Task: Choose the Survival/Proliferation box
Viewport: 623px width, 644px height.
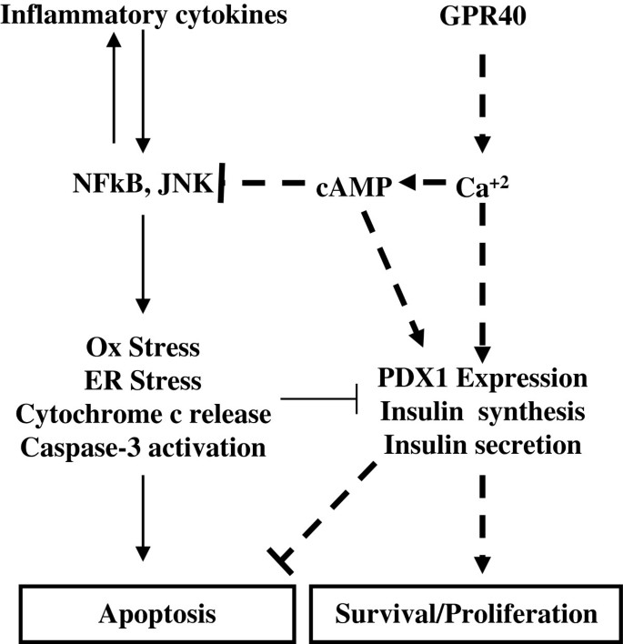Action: pos(466,614)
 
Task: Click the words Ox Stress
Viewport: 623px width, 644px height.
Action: pos(141,348)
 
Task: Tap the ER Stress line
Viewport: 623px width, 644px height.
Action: pos(141,381)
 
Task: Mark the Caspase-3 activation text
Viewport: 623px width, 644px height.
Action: pos(141,448)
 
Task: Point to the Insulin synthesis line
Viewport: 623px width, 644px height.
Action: pos(482,412)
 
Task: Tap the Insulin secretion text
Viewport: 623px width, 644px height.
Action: pos(482,446)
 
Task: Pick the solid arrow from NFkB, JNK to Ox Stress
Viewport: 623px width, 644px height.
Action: pos(141,264)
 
